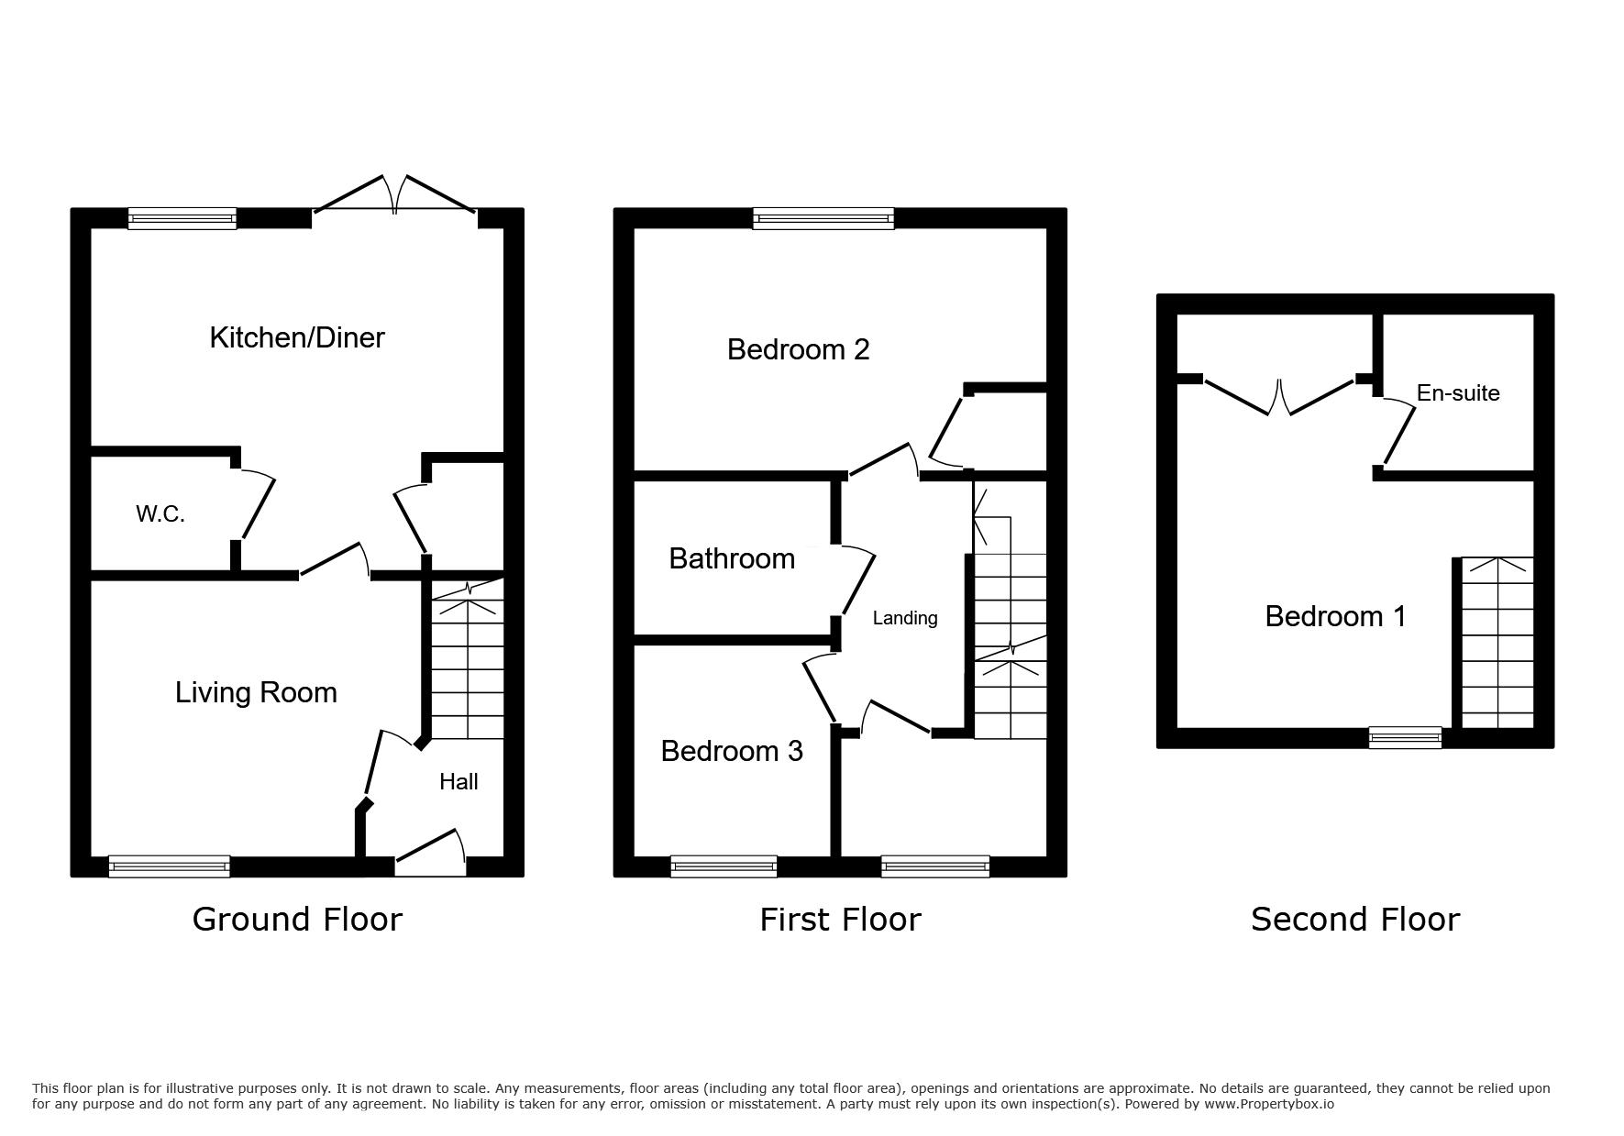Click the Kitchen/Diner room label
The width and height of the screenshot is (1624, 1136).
(x=297, y=337)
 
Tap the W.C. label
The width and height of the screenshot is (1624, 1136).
(x=160, y=514)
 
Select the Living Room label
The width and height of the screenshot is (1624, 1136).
(x=256, y=692)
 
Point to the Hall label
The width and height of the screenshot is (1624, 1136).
(x=458, y=781)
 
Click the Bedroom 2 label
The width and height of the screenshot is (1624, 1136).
(x=798, y=349)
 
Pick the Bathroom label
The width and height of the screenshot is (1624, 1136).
(x=732, y=558)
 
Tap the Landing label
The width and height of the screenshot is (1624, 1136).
(x=905, y=618)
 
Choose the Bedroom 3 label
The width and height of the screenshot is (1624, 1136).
(x=732, y=751)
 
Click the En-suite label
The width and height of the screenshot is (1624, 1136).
(x=1458, y=392)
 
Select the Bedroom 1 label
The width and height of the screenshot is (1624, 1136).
(x=1335, y=616)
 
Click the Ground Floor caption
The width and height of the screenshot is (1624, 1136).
(x=297, y=919)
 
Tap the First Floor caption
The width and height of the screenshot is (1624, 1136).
(x=840, y=919)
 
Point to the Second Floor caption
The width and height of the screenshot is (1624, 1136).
(x=1355, y=919)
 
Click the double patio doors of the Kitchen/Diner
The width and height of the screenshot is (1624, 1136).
(x=395, y=194)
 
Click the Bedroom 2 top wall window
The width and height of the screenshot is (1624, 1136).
(x=823, y=218)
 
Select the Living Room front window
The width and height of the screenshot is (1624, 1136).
(x=169, y=866)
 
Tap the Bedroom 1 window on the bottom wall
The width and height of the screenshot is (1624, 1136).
(x=1405, y=737)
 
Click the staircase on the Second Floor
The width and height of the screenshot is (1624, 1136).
(x=1497, y=643)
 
